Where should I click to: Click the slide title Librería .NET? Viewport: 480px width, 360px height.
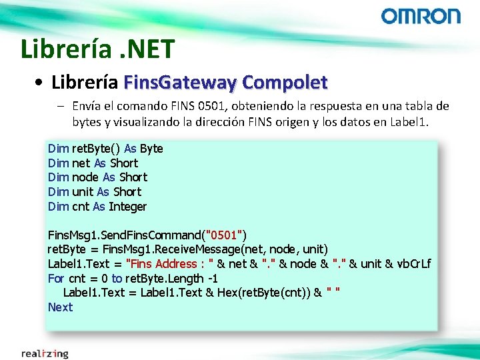(97, 49)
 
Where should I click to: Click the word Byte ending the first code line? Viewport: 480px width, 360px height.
(151, 148)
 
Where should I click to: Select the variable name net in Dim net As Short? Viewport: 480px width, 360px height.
(81, 163)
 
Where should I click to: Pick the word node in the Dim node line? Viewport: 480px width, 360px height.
(85, 177)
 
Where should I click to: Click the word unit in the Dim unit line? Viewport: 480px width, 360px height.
(83, 192)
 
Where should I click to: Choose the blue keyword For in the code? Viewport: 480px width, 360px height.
(56, 279)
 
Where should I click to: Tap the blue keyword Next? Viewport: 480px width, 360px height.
(60, 307)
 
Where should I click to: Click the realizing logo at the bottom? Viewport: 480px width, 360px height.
(45, 353)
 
